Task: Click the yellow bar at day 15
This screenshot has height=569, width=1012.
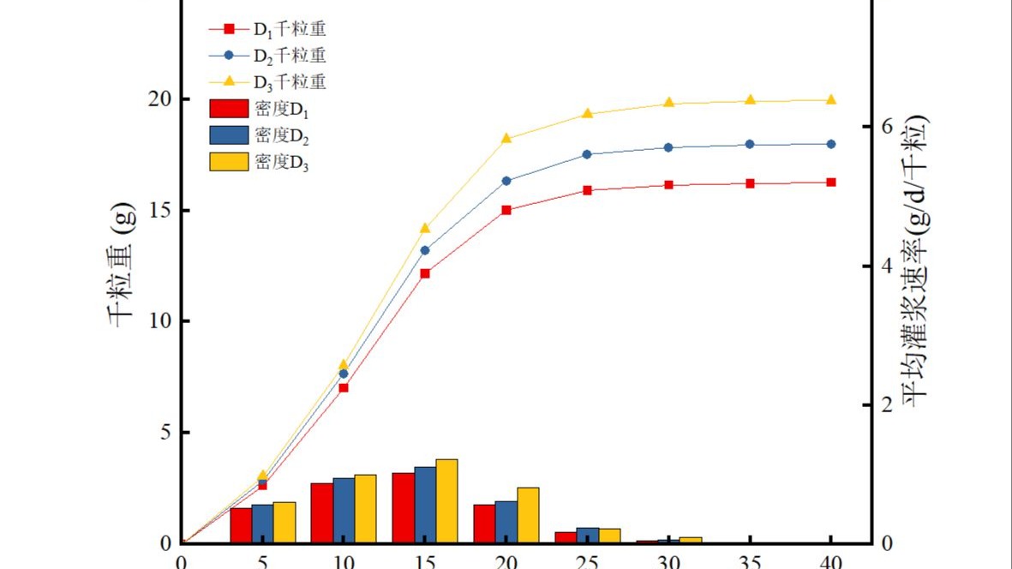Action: tap(446, 501)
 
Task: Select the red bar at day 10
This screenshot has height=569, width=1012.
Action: tap(321, 512)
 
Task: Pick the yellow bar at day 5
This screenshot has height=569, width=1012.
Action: tap(284, 522)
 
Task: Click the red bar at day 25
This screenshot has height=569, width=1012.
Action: tap(565, 537)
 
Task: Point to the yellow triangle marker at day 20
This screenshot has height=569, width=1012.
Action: tap(506, 138)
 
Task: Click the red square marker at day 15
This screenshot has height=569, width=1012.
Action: tap(425, 273)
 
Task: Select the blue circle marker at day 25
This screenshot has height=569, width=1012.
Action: tap(587, 154)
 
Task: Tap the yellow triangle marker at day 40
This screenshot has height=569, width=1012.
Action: tap(831, 99)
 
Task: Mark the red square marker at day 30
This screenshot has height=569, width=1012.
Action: tap(668, 185)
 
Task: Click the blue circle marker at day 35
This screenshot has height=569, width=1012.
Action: tap(750, 144)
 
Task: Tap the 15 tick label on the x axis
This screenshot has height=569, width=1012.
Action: tap(425, 562)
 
